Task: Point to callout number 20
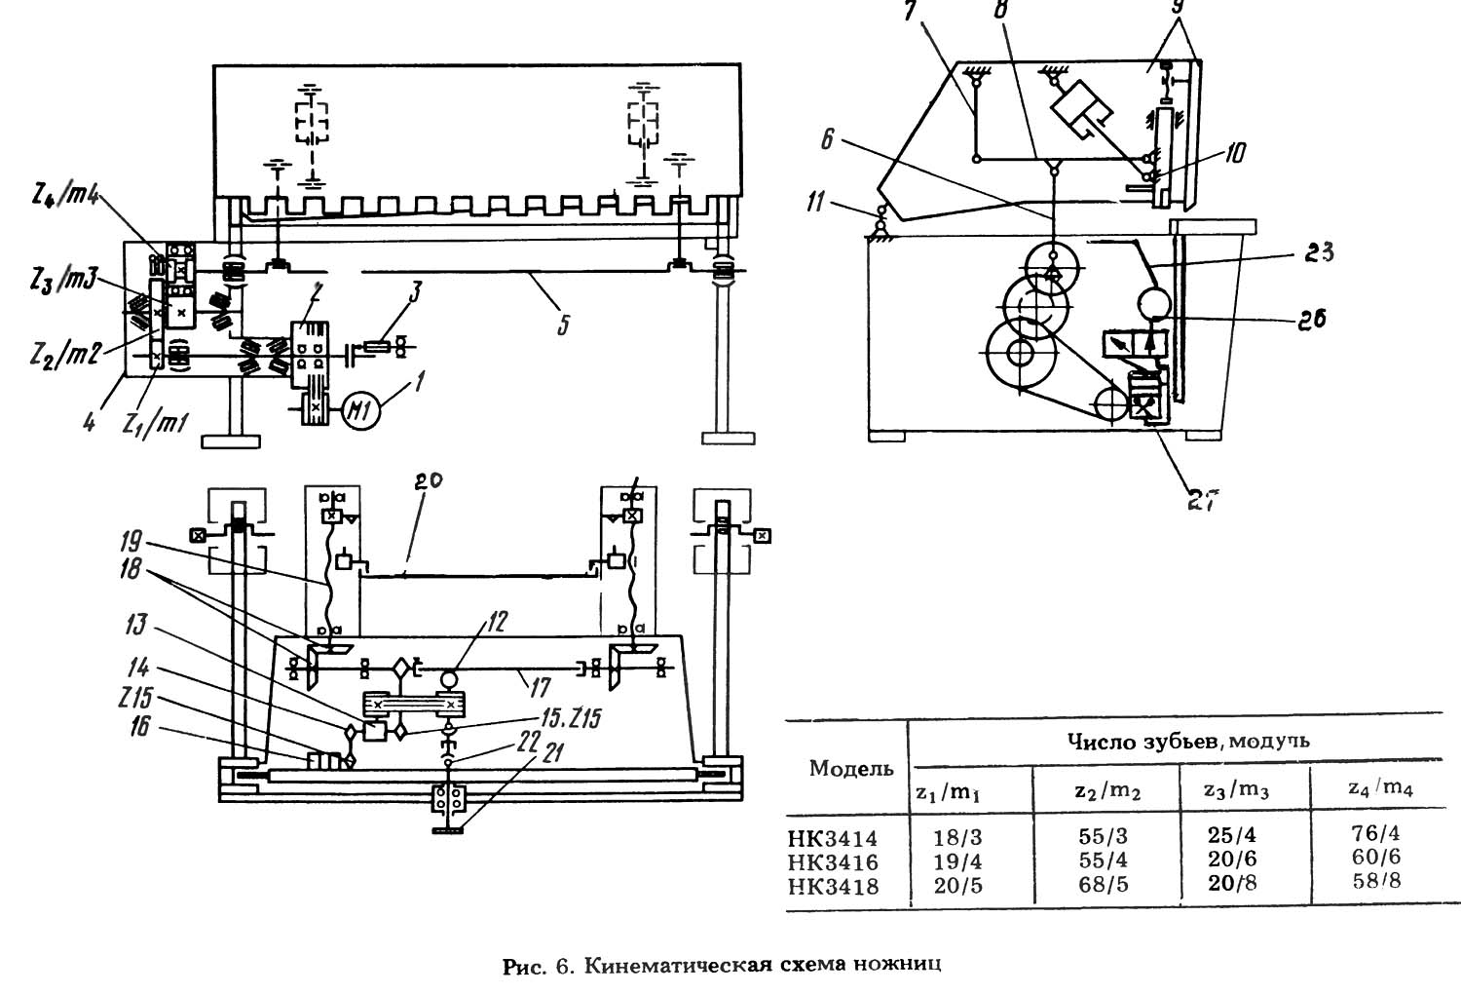point(428,481)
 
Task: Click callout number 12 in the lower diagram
point(496,622)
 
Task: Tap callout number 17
point(540,687)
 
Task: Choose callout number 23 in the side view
point(1318,252)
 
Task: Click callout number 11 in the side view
point(816,202)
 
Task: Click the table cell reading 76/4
point(1376,833)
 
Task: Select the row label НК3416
point(833,862)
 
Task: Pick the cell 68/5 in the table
point(1103,884)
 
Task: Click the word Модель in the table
point(851,769)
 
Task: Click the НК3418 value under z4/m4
point(1376,881)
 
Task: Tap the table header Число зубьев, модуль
point(1187,742)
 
